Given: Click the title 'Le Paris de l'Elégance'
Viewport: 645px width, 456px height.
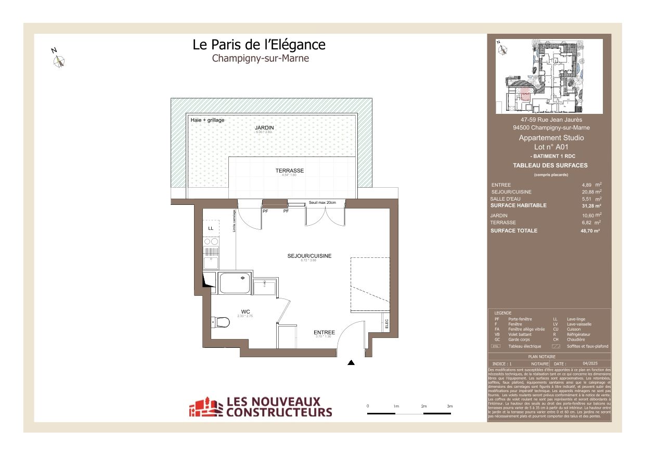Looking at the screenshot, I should point(259,45).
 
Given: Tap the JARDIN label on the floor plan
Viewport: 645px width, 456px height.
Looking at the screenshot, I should point(264,127).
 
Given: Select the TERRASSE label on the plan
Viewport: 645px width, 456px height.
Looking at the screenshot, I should point(289,171).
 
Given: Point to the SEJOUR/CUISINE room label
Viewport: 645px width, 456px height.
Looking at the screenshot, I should point(309,256).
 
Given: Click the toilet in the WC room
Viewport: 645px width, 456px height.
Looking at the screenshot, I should point(221,322).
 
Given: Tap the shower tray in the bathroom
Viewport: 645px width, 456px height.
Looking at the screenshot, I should point(235,282).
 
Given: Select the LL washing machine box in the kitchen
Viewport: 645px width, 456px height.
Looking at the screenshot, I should point(211,228).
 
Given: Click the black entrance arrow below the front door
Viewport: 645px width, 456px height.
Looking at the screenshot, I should point(351,363).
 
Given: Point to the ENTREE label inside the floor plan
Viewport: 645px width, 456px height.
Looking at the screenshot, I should point(324,332).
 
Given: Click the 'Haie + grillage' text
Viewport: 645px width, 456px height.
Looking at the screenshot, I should point(208,120).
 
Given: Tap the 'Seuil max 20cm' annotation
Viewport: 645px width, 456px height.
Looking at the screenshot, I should point(322,202).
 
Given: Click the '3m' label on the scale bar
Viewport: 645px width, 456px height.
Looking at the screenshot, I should point(449,406).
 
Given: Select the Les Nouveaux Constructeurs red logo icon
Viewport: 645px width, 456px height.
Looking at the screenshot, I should point(205,407).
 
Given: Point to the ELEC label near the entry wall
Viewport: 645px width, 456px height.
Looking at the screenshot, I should point(386,323).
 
